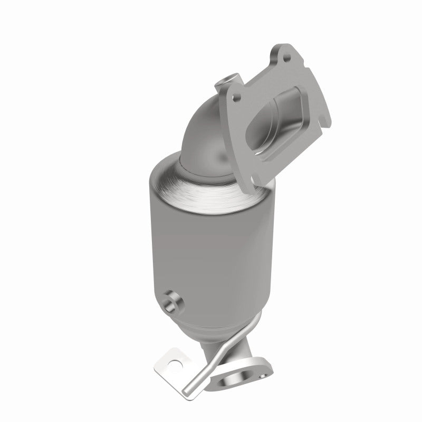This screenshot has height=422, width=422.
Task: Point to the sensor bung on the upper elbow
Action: tap(224, 81)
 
